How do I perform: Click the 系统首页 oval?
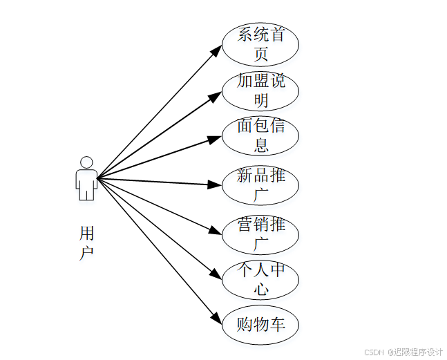pos(260,44)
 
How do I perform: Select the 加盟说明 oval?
pos(260,91)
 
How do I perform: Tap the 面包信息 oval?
pos(260,136)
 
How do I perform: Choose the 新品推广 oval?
pos(260,185)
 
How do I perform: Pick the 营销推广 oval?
pos(260,234)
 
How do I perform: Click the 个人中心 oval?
pos(260,279)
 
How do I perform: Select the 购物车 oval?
pos(260,324)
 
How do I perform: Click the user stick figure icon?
pos(86,179)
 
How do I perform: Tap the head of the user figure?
pos(86,162)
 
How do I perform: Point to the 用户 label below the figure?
pos(86,243)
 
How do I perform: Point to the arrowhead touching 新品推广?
pos(215,184)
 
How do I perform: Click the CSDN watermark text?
pos(403,352)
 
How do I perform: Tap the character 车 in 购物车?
pos(276,324)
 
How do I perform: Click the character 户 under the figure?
pos(86,253)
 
